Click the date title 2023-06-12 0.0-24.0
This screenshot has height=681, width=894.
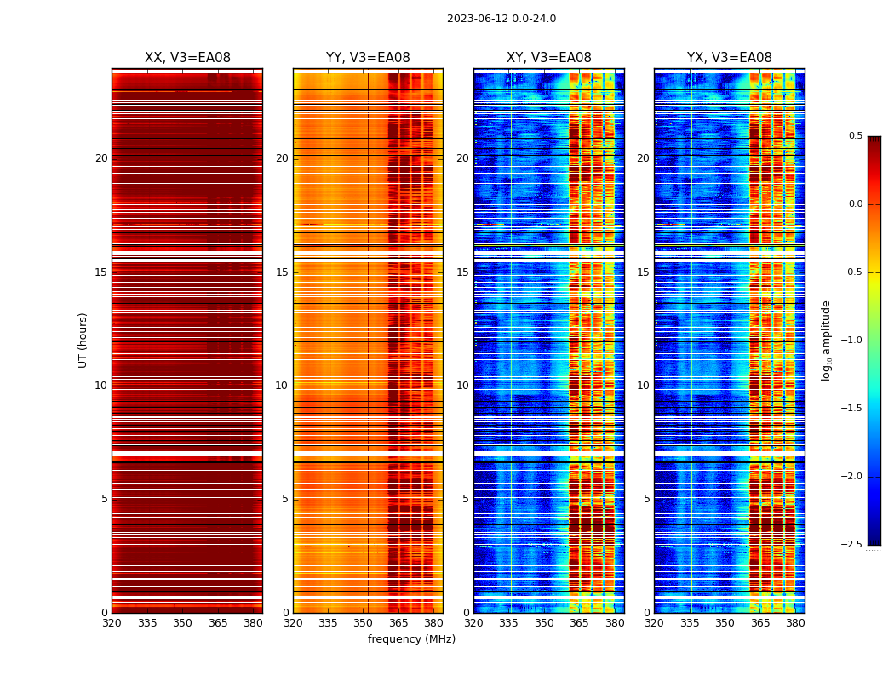tap(501, 19)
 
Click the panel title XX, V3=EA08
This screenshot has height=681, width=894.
tap(187, 58)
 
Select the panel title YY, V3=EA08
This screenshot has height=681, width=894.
tap(368, 58)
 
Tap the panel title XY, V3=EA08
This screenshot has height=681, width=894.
tap(548, 58)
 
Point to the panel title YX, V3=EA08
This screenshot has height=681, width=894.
tap(729, 58)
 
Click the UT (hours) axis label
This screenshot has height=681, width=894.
tap(83, 340)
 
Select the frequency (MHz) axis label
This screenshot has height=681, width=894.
tap(411, 639)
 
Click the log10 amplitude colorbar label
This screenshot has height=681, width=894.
tap(826, 340)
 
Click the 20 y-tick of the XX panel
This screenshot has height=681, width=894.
tap(101, 158)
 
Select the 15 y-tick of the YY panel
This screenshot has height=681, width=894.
tap(282, 272)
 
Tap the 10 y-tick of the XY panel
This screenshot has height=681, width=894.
tap(462, 386)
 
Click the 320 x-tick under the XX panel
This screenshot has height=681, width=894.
tap(112, 623)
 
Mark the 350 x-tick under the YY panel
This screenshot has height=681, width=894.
tap(364, 623)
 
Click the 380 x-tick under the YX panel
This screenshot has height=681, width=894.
tap(795, 623)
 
